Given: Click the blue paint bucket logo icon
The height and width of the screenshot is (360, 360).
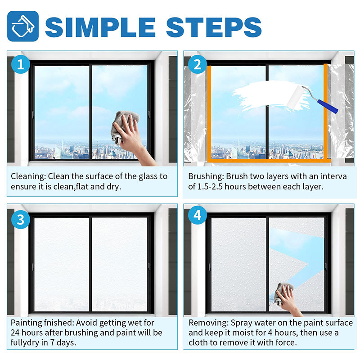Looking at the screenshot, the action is pyautogui.click(x=23, y=26).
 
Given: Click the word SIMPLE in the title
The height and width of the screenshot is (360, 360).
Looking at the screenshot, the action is pyautogui.click(x=100, y=27).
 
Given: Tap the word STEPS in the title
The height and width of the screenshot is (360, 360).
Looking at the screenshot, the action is pyautogui.click(x=214, y=27).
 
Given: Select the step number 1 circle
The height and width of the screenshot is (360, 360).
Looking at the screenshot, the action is pyautogui.click(x=21, y=64).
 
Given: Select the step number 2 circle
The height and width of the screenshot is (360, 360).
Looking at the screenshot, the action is pyautogui.click(x=198, y=64).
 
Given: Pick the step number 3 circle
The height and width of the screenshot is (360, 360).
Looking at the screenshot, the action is pyautogui.click(x=21, y=220).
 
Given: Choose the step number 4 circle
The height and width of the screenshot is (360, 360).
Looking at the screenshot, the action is pyautogui.click(x=198, y=216).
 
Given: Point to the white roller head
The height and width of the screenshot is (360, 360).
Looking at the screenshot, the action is pyautogui.click(x=296, y=98).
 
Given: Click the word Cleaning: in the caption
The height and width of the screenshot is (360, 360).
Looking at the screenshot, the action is pyautogui.click(x=28, y=176).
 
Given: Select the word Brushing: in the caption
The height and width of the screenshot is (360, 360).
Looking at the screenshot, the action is pyautogui.click(x=206, y=176).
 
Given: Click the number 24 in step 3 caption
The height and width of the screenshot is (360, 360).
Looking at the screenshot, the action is pyautogui.click(x=15, y=333).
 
